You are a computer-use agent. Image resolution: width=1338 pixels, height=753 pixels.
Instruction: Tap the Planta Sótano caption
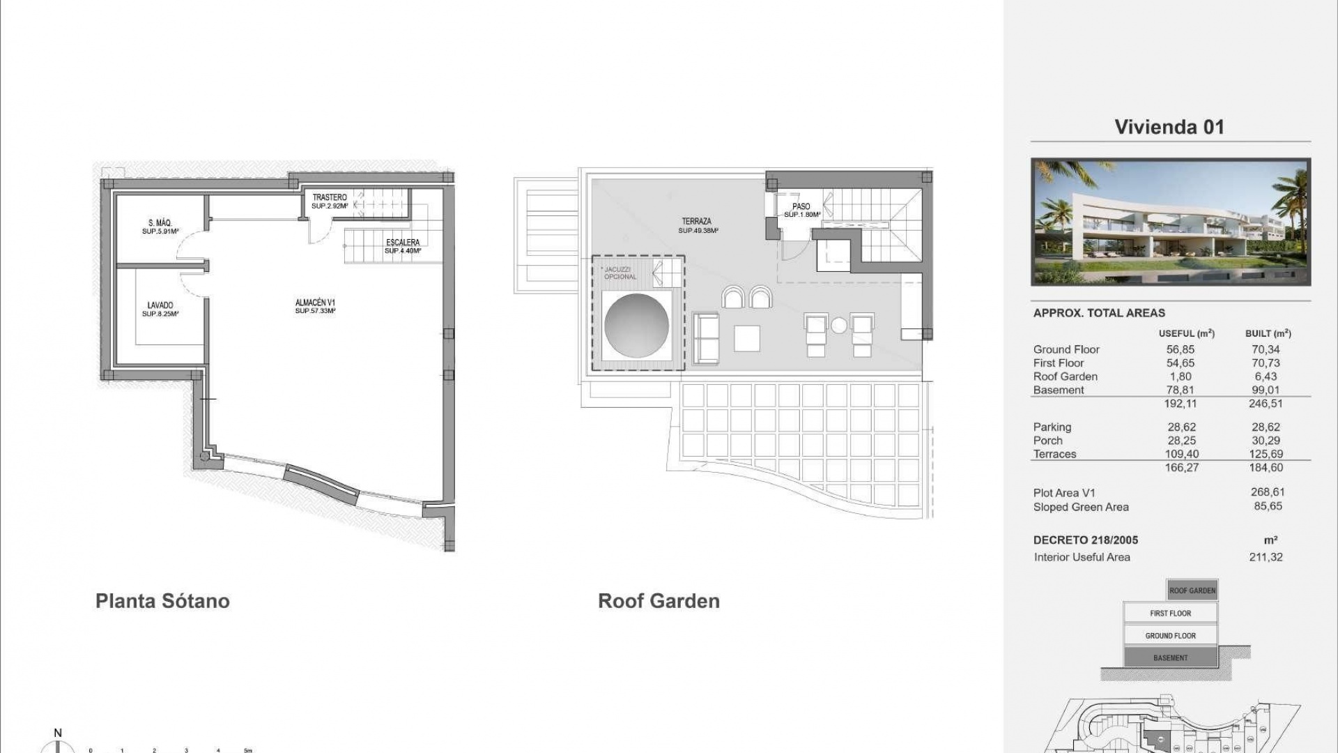pyautogui.click(x=162, y=601)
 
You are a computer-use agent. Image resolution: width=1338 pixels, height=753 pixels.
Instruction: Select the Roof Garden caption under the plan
pyautogui.click(x=659, y=601)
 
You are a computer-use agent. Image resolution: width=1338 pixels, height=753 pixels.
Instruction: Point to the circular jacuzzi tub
pyautogui.click(x=636, y=326)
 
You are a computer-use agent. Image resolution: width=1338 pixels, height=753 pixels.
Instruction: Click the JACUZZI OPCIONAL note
pyautogui.click(x=620, y=273)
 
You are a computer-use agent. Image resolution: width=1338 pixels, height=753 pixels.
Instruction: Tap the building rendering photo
pyautogui.click(x=1171, y=222)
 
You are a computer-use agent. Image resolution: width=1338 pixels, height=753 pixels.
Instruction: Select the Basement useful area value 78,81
pyautogui.click(x=1180, y=390)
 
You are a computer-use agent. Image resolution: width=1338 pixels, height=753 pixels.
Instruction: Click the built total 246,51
pyautogui.click(x=1266, y=404)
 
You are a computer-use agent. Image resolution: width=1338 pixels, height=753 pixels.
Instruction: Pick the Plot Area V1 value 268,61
pyautogui.click(x=1267, y=492)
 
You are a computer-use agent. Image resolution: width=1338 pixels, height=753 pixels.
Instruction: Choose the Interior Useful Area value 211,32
pyautogui.click(x=1266, y=557)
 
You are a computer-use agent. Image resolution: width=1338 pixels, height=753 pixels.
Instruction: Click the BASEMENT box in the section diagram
pyautogui.click(x=1170, y=657)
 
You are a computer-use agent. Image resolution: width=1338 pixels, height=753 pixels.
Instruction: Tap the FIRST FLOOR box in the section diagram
pyautogui.click(x=1170, y=613)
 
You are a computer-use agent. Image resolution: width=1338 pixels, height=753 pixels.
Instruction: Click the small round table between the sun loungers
pyautogui.click(x=839, y=326)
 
